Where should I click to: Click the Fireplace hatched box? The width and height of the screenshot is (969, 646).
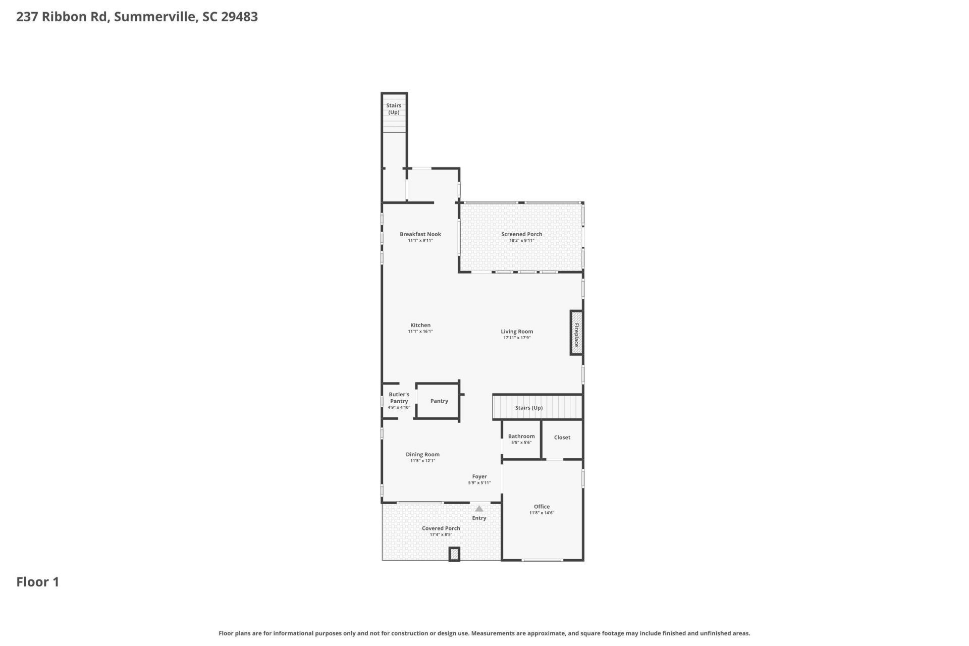point(576,333)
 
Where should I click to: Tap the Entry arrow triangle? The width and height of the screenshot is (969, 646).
point(479,509)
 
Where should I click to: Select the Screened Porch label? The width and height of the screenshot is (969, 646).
point(521,234)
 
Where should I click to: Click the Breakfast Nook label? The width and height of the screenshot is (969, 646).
point(420,234)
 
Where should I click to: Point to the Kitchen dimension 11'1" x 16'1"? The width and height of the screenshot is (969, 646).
point(420,332)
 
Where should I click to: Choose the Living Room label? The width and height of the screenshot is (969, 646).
point(517,332)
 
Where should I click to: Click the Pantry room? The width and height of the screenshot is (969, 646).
point(439,401)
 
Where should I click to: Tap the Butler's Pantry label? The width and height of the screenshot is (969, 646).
point(399,398)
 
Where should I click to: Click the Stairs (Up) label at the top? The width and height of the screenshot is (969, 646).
point(394,109)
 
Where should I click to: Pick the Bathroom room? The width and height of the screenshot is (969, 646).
point(521,439)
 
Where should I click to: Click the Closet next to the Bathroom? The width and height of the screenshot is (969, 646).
point(562,438)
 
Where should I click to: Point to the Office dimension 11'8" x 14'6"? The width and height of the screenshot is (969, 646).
point(542,513)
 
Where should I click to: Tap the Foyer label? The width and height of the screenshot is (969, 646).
point(479,476)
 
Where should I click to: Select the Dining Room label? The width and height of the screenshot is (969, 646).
point(422,454)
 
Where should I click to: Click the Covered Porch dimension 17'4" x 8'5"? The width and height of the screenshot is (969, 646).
point(441,534)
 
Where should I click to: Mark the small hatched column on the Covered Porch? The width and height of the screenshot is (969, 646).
point(454,554)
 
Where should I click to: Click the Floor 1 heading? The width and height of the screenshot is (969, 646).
point(38,582)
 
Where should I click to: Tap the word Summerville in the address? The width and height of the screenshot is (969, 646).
point(154,17)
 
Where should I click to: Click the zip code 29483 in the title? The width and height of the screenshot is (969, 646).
point(239,17)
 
